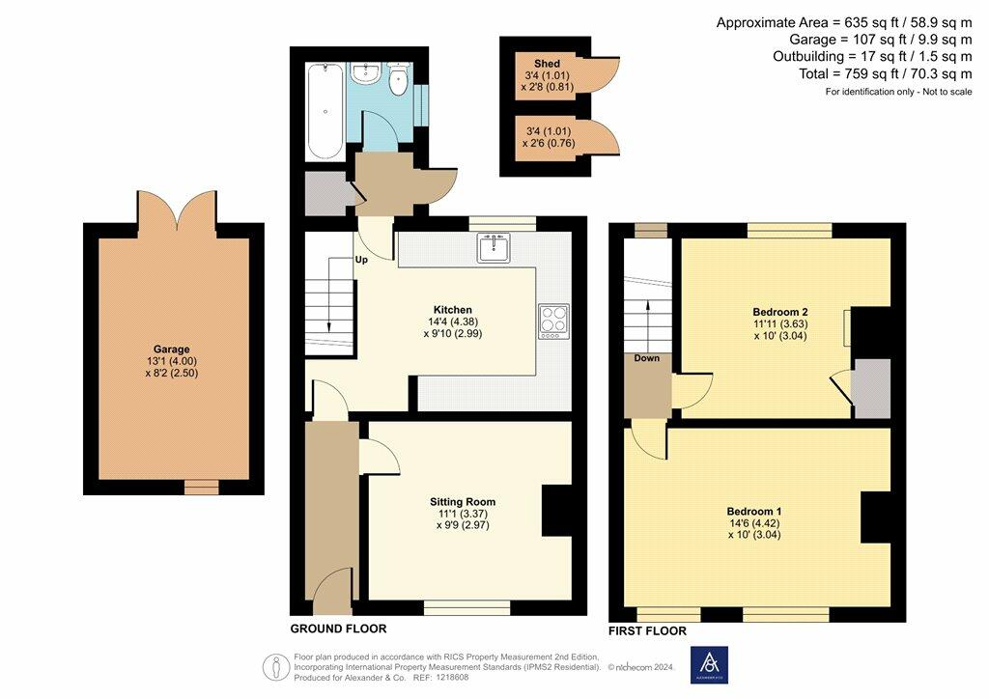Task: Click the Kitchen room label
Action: (452, 310)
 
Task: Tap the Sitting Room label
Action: (463, 502)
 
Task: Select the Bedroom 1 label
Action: (753, 511)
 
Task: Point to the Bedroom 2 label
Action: (780, 312)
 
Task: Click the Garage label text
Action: (172, 349)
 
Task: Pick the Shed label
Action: (547, 63)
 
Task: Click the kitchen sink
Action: (494, 247)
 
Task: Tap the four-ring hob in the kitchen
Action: (553, 322)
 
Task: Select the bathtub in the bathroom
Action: (325, 111)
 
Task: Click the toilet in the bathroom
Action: (398, 79)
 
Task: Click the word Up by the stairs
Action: (361, 259)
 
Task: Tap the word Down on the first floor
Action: (646, 358)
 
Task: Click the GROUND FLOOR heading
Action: (338, 629)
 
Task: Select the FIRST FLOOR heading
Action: (647, 630)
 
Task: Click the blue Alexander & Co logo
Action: (709, 665)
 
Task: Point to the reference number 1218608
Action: (451, 678)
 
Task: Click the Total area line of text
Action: (886, 73)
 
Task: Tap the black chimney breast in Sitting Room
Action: (557, 511)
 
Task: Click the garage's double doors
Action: (178, 208)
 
